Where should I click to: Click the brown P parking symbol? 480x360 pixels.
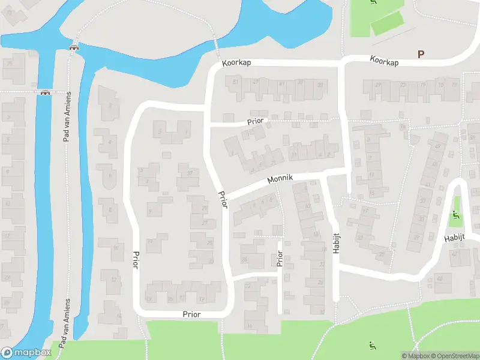[x=421, y=54]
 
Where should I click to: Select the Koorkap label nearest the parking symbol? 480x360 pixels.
[x=385, y=60]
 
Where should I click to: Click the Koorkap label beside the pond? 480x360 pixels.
[x=236, y=63]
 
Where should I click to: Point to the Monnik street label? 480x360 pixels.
[x=280, y=179]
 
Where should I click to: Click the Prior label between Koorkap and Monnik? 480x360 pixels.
[x=256, y=121]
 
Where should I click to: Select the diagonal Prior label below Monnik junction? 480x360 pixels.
[x=223, y=199]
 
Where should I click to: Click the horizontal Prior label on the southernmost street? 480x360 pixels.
[x=192, y=314]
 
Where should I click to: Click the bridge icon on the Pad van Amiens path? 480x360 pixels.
[x=74, y=48]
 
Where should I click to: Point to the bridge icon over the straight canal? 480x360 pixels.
[x=44, y=92]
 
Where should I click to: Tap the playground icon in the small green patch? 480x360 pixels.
[x=455, y=215]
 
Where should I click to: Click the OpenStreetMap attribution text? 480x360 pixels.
[x=452, y=356]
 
